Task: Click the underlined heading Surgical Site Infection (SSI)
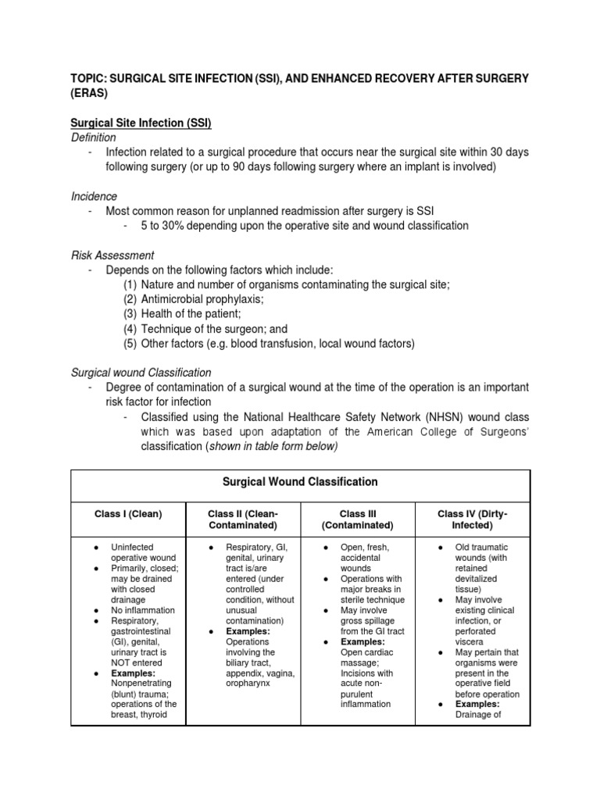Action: pyautogui.click(x=141, y=123)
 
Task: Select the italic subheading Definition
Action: pyautogui.click(x=94, y=137)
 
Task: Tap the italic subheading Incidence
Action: pyautogui.click(x=94, y=197)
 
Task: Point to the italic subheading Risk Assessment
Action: pyautogui.click(x=112, y=255)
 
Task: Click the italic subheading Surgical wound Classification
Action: pyautogui.click(x=141, y=373)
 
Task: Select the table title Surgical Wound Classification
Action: pyautogui.click(x=300, y=482)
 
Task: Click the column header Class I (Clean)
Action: pyautogui.click(x=128, y=514)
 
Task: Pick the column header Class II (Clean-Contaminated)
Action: pyautogui.click(x=243, y=520)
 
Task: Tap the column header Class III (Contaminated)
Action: pyautogui.click(x=357, y=520)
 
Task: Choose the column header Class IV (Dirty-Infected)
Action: pyautogui.click(x=472, y=520)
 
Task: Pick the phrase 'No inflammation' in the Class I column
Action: pyautogui.click(x=142, y=610)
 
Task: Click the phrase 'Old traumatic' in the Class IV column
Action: pyautogui.click(x=484, y=548)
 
